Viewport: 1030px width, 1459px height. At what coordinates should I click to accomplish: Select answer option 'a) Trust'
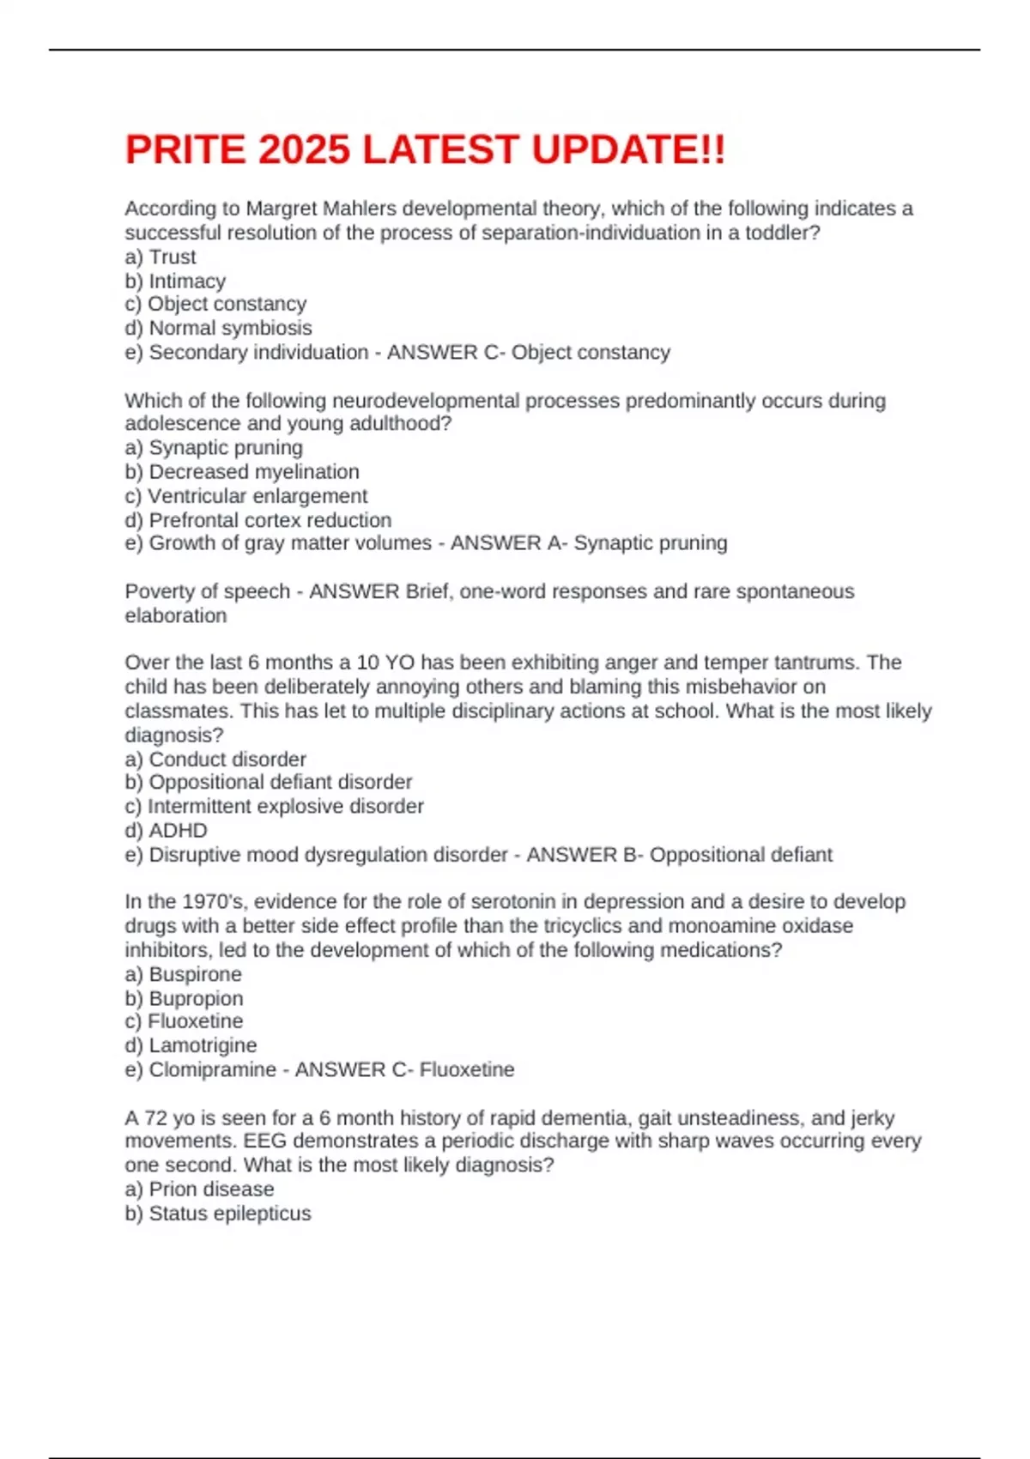tap(161, 257)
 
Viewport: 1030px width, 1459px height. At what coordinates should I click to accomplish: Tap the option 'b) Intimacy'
tap(175, 281)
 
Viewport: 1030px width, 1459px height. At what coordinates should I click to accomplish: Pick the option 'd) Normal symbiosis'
tap(218, 328)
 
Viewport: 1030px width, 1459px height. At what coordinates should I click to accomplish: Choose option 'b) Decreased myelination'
tap(242, 471)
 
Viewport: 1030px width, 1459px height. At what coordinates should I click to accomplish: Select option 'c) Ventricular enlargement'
tap(245, 495)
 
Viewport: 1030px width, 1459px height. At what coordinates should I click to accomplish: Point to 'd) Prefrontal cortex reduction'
tap(257, 520)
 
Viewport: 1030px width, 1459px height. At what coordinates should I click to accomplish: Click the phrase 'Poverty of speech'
tap(207, 591)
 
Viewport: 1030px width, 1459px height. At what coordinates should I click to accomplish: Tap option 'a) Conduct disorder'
tap(215, 759)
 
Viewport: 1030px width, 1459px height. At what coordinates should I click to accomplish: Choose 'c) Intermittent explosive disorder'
tap(274, 806)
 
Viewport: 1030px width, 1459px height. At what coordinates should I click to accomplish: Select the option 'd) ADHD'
tap(167, 830)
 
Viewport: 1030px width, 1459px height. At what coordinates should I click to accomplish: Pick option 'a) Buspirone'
tap(183, 974)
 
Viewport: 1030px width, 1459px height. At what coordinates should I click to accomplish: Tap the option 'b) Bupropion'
tap(184, 998)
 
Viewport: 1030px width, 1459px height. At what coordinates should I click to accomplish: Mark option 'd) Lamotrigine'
tap(191, 1045)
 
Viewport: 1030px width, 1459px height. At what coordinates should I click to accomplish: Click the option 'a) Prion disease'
tap(199, 1189)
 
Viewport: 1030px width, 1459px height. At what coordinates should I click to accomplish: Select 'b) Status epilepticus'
tap(218, 1213)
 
